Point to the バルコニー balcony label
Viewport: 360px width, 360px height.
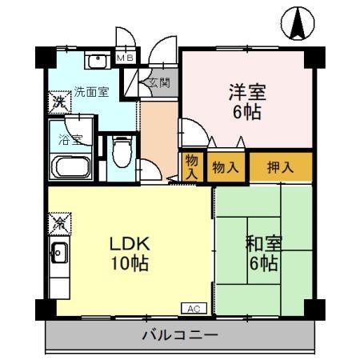[180, 336]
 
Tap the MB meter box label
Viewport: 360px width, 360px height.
[126, 58]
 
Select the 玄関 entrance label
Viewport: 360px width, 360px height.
[156, 82]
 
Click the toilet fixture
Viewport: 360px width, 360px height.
[120, 152]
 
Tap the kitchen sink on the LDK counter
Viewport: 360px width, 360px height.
[58, 254]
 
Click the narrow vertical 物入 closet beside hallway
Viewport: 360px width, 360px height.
[192, 166]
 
